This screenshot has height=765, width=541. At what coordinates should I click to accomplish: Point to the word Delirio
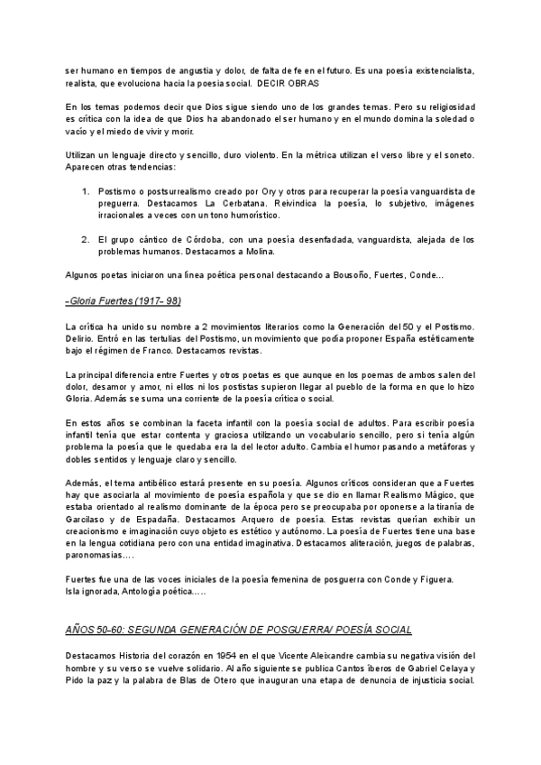point(82,337)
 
